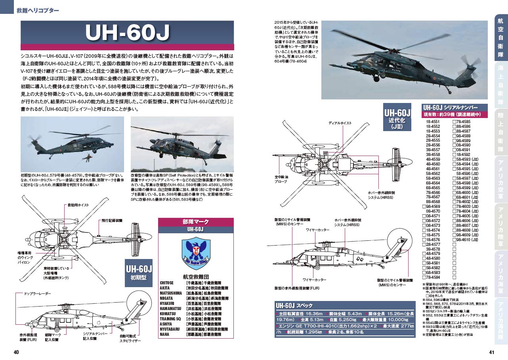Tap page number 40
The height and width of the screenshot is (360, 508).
pyautogui.click(x=16, y=352)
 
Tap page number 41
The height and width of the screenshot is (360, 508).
pyautogui.click(x=491, y=352)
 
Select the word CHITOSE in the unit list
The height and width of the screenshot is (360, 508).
pyautogui.click(x=167, y=283)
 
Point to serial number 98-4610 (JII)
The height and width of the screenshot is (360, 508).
pyautogui.click(x=468, y=240)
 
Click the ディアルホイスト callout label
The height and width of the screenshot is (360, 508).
pyautogui.click(x=340, y=123)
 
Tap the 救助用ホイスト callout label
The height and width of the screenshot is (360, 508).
pyautogui.click(x=78, y=205)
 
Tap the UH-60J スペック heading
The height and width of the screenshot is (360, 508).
pyautogui.click(x=294, y=305)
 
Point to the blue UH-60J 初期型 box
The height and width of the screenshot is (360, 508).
pyautogui.click(x=139, y=273)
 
